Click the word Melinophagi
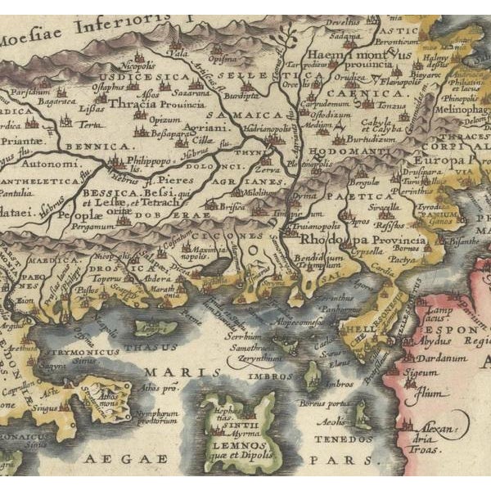466,108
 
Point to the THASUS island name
144,345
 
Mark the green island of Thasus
155,328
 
